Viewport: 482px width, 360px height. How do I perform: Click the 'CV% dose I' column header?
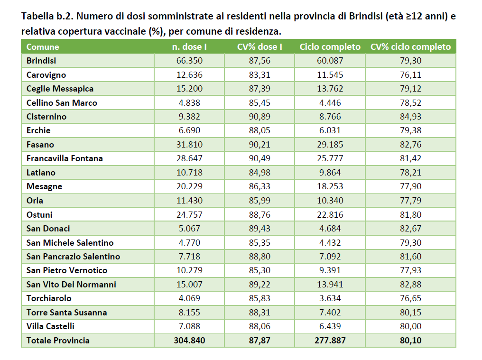pyautogui.click(x=260, y=47)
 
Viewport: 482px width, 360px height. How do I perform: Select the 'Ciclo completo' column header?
pyautogui.click(x=330, y=47)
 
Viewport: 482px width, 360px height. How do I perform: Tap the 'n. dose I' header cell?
pyautogui.click(x=189, y=47)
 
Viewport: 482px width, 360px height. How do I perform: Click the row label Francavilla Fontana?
pyautogui.click(x=65, y=158)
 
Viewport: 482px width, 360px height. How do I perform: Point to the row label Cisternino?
pyautogui.click(x=46, y=117)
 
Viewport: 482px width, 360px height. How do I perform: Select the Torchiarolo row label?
pyautogui.click(x=49, y=298)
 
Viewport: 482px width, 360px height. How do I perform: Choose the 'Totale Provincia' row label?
pyautogui.click(x=58, y=341)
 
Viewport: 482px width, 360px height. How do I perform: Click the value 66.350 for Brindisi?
pyautogui.click(x=189, y=61)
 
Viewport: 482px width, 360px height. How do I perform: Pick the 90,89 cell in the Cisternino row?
pyautogui.click(x=260, y=117)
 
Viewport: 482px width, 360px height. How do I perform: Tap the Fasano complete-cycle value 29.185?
pyautogui.click(x=330, y=145)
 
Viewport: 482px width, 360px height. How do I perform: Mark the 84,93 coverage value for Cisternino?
pyautogui.click(x=411, y=117)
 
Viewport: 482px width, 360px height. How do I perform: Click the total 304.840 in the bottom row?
pyautogui.click(x=189, y=341)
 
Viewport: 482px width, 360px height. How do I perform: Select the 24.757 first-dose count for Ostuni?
pyautogui.click(x=189, y=214)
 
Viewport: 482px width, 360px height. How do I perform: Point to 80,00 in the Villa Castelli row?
pyautogui.click(x=411, y=326)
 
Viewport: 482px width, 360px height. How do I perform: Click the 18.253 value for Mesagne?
pyautogui.click(x=330, y=186)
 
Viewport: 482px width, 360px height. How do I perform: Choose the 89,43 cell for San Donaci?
pyautogui.click(x=260, y=229)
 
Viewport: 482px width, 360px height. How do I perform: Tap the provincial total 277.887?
pyautogui.click(x=330, y=341)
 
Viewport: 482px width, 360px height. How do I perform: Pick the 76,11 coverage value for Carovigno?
pyautogui.click(x=411, y=75)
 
